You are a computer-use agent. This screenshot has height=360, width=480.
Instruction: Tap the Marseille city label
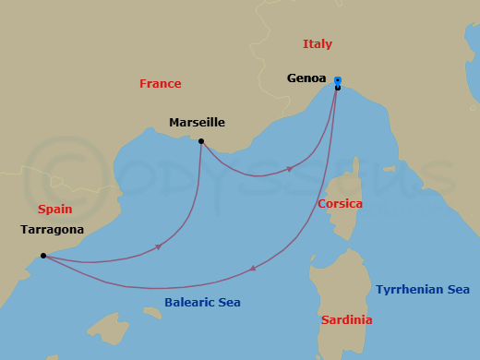[x=197, y=122]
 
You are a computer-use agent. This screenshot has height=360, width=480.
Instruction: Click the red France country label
[x=160, y=84]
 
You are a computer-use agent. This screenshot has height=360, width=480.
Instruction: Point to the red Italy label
[x=318, y=44]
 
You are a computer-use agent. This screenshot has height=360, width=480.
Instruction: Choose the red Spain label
[x=54, y=210]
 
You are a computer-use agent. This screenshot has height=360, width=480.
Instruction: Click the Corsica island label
[x=340, y=203]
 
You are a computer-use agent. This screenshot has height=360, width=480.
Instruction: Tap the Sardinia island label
[x=347, y=320]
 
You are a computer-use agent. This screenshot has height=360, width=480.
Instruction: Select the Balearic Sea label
[x=202, y=303]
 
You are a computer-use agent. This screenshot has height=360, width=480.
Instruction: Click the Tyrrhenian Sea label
[x=423, y=290]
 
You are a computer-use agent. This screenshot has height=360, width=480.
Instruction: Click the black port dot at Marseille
[x=201, y=141]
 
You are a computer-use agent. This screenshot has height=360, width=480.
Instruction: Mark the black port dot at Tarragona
[x=43, y=256]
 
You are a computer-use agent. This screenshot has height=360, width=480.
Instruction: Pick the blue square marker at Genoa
[x=338, y=80]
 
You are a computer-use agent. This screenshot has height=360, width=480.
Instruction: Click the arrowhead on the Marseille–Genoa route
[x=290, y=168]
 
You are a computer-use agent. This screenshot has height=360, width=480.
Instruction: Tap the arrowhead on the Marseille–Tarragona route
[x=159, y=246]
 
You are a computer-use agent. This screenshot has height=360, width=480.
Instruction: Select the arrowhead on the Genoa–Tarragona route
[x=252, y=270]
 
